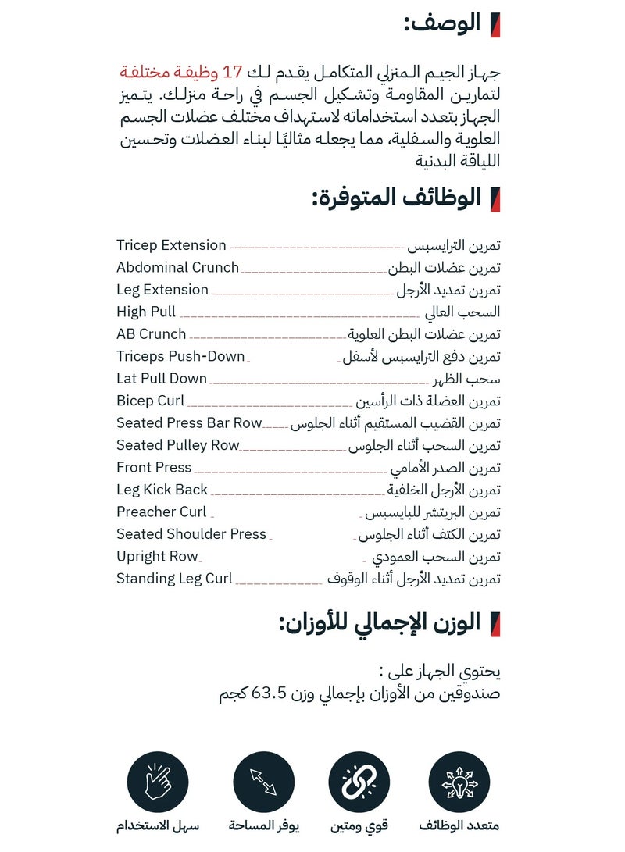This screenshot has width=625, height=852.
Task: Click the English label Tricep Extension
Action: [x=171, y=245]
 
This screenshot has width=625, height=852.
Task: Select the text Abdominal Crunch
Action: [x=177, y=267]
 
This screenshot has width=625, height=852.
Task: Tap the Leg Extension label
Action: [x=162, y=290]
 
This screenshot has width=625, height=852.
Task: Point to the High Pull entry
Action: [x=146, y=312]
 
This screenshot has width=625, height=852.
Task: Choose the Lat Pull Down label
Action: [x=162, y=379]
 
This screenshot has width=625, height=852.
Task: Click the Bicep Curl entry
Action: [x=150, y=401]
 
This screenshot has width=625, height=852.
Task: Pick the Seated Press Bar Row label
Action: [x=189, y=423]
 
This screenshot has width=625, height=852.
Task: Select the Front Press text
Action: [x=154, y=468]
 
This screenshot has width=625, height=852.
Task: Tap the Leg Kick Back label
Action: [x=162, y=490]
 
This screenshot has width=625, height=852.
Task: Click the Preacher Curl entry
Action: [x=162, y=512]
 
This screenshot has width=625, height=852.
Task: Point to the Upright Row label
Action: [x=157, y=557]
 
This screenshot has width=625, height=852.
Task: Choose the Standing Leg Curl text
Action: [x=174, y=579]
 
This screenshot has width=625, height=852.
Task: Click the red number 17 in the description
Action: [x=232, y=73]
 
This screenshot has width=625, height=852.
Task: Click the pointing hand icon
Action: [x=158, y=782]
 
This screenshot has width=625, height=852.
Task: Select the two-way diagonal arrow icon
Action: [x=264, y=782]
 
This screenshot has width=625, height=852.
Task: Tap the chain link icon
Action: [x=359, y=782]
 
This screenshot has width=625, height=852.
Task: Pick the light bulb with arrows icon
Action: [x=459, y=782]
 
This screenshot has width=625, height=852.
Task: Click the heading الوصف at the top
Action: [x=442, y=24]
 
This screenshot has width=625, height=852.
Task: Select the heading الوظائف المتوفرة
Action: [x=396, y=198]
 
